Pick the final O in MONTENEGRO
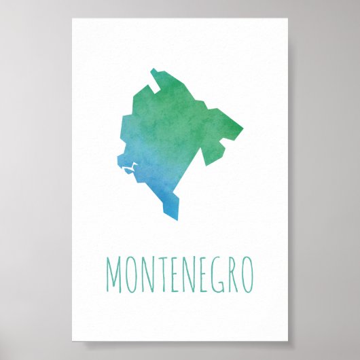pos(246,275)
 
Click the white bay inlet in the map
pos(128,169)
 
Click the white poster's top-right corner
pos(288,19)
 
